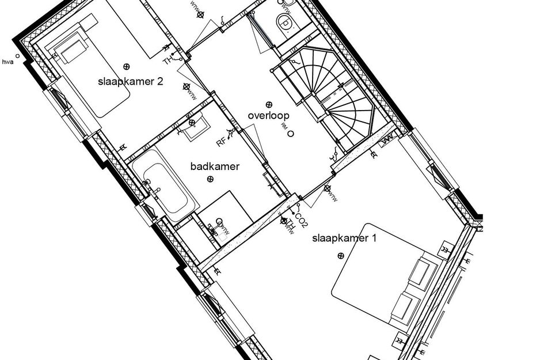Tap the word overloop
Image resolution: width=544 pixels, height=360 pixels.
point(268,115)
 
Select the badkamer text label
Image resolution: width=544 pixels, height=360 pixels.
point(215,166)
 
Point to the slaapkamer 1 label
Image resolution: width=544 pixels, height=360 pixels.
point(344,238)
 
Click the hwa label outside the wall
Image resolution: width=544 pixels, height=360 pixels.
point(8,61)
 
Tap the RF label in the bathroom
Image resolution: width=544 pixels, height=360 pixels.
point(221,141)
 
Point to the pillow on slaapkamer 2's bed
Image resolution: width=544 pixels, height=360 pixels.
point(71,52)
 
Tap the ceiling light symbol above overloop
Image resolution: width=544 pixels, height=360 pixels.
point(268,104)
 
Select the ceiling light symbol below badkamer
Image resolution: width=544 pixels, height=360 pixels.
point(210,180)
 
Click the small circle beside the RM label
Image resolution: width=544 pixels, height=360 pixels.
point(291,134)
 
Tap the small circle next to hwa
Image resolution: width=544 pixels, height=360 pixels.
point(18,56)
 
